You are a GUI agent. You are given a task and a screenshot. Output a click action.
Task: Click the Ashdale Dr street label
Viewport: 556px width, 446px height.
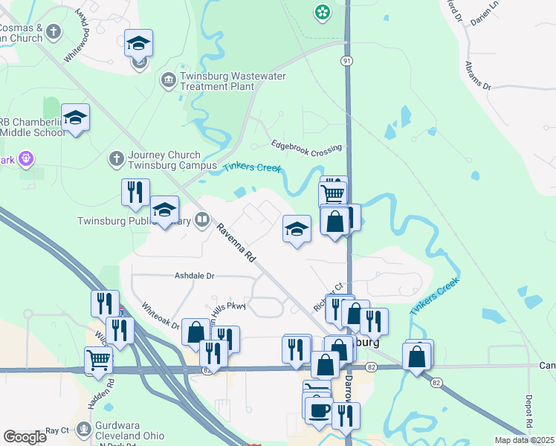194,275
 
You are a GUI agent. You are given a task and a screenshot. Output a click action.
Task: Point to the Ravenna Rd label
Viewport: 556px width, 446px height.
236,242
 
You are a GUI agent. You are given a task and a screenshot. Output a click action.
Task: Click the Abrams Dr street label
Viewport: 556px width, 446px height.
479,74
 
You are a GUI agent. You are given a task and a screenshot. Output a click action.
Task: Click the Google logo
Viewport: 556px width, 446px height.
25,437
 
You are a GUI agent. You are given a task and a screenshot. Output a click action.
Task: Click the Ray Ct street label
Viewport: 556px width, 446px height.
56,430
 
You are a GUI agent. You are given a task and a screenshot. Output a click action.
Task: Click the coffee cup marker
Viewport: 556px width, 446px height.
319,410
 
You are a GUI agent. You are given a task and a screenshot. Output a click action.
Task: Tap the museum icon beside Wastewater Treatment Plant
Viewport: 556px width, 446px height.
168,79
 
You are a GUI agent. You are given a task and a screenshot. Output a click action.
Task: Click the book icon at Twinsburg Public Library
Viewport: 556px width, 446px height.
201,219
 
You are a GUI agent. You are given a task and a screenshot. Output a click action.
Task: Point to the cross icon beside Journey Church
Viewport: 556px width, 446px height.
116,158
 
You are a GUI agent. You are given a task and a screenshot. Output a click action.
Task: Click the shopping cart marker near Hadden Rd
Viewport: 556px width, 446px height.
98,360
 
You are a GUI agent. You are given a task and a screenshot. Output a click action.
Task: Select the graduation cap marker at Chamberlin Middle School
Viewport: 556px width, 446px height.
75,117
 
